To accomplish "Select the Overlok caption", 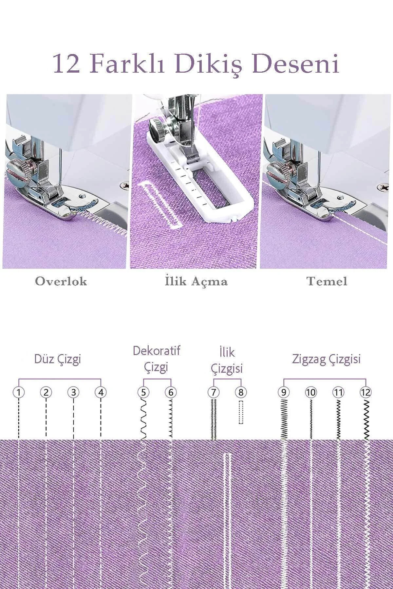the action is coord(61,281).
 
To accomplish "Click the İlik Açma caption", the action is coord(196,281).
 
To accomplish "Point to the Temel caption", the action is coord(327,281).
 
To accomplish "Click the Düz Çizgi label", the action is coord(58,359).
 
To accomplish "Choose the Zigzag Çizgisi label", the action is coord(327,359).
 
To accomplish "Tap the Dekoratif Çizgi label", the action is coord(157,359).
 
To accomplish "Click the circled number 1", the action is coord(19,392).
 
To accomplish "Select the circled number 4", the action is coord(101,392).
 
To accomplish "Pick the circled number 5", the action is coord(143,392).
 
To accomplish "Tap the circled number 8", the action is coord(241,392).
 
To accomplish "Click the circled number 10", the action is coord(311,392).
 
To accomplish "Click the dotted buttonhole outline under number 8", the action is coord(241,412).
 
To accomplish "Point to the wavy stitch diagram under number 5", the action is coord(144,419).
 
